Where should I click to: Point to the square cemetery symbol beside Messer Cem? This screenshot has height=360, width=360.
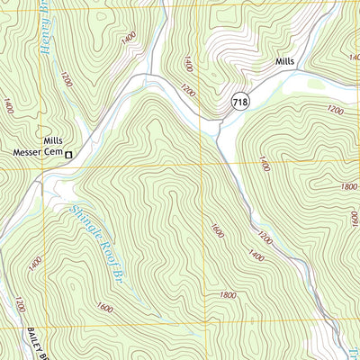click(67, 152)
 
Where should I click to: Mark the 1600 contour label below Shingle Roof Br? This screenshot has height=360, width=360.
click(103, 309)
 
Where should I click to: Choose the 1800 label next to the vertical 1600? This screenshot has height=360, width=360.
click(227, 294)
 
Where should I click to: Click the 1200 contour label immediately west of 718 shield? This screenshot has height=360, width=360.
click(187, 91)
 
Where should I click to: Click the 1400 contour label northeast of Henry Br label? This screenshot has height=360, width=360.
click(128, 37)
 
